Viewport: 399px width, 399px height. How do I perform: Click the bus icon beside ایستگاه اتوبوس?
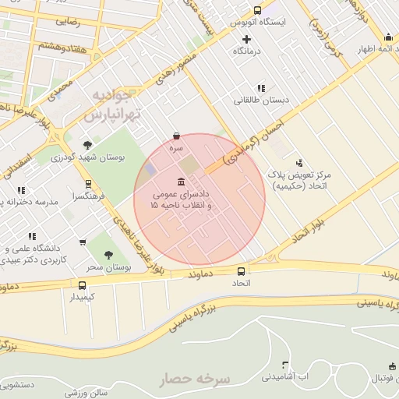click(258, 11)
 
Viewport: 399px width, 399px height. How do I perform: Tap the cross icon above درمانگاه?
click(247, 38)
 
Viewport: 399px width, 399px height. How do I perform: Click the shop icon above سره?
click(177, 135)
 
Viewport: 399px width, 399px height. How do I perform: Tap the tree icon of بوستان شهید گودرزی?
click(87, 145)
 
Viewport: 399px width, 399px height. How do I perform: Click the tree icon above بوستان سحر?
click(108, 254)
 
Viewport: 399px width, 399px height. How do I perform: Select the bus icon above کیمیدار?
click(83, 285)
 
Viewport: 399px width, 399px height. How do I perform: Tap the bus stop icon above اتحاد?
click(241, 272)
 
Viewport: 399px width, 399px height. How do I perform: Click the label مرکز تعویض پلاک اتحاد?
click(299, 180)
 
